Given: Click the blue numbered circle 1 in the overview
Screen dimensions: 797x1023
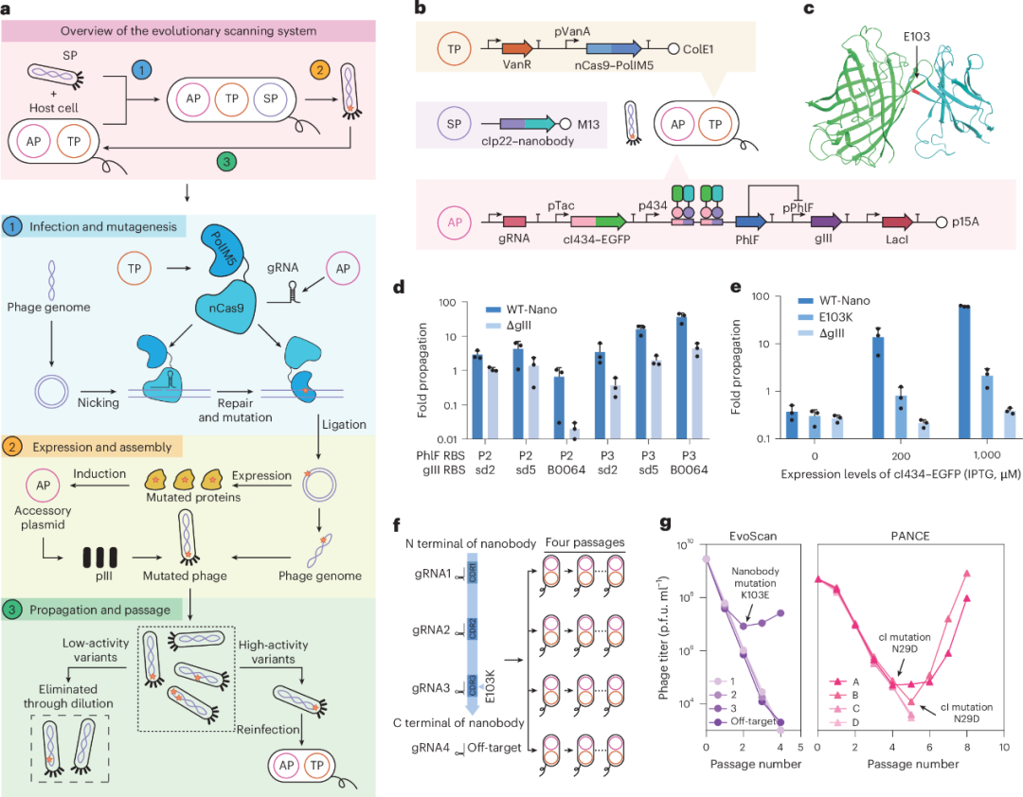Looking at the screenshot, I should click(141, 71).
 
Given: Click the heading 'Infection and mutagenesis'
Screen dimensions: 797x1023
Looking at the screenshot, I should click(105, 228).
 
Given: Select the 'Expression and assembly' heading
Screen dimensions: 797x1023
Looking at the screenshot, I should click(104, 446).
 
